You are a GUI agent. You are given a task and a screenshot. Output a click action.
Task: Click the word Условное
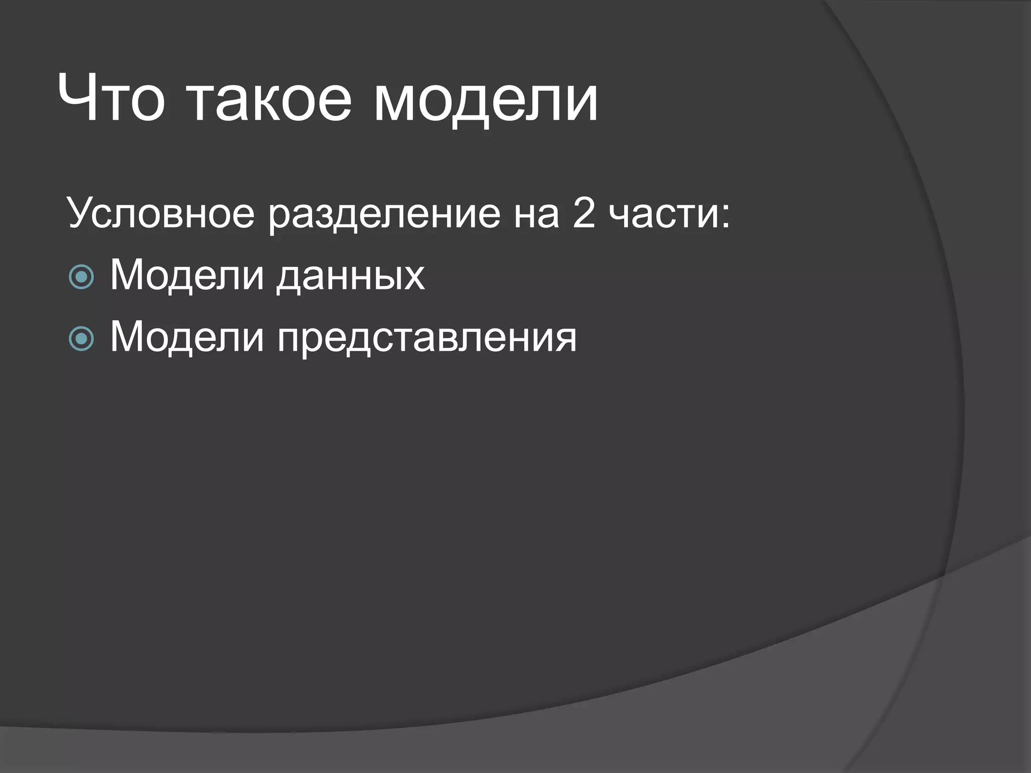click(x=161, y=213)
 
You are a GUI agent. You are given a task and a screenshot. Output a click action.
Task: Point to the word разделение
click(x=384, y=215)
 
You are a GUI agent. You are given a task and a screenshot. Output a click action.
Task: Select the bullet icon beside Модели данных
click(x=81, y=276)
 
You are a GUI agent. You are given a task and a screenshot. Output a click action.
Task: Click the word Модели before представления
click(x=187, y=337)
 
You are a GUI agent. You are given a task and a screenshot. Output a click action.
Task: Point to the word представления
click(x=426, y=339)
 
